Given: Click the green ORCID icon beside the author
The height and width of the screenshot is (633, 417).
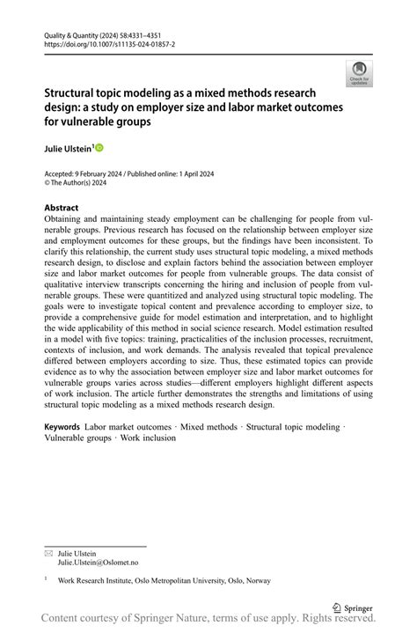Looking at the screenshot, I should pyautogui.click(x=99, y=148).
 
